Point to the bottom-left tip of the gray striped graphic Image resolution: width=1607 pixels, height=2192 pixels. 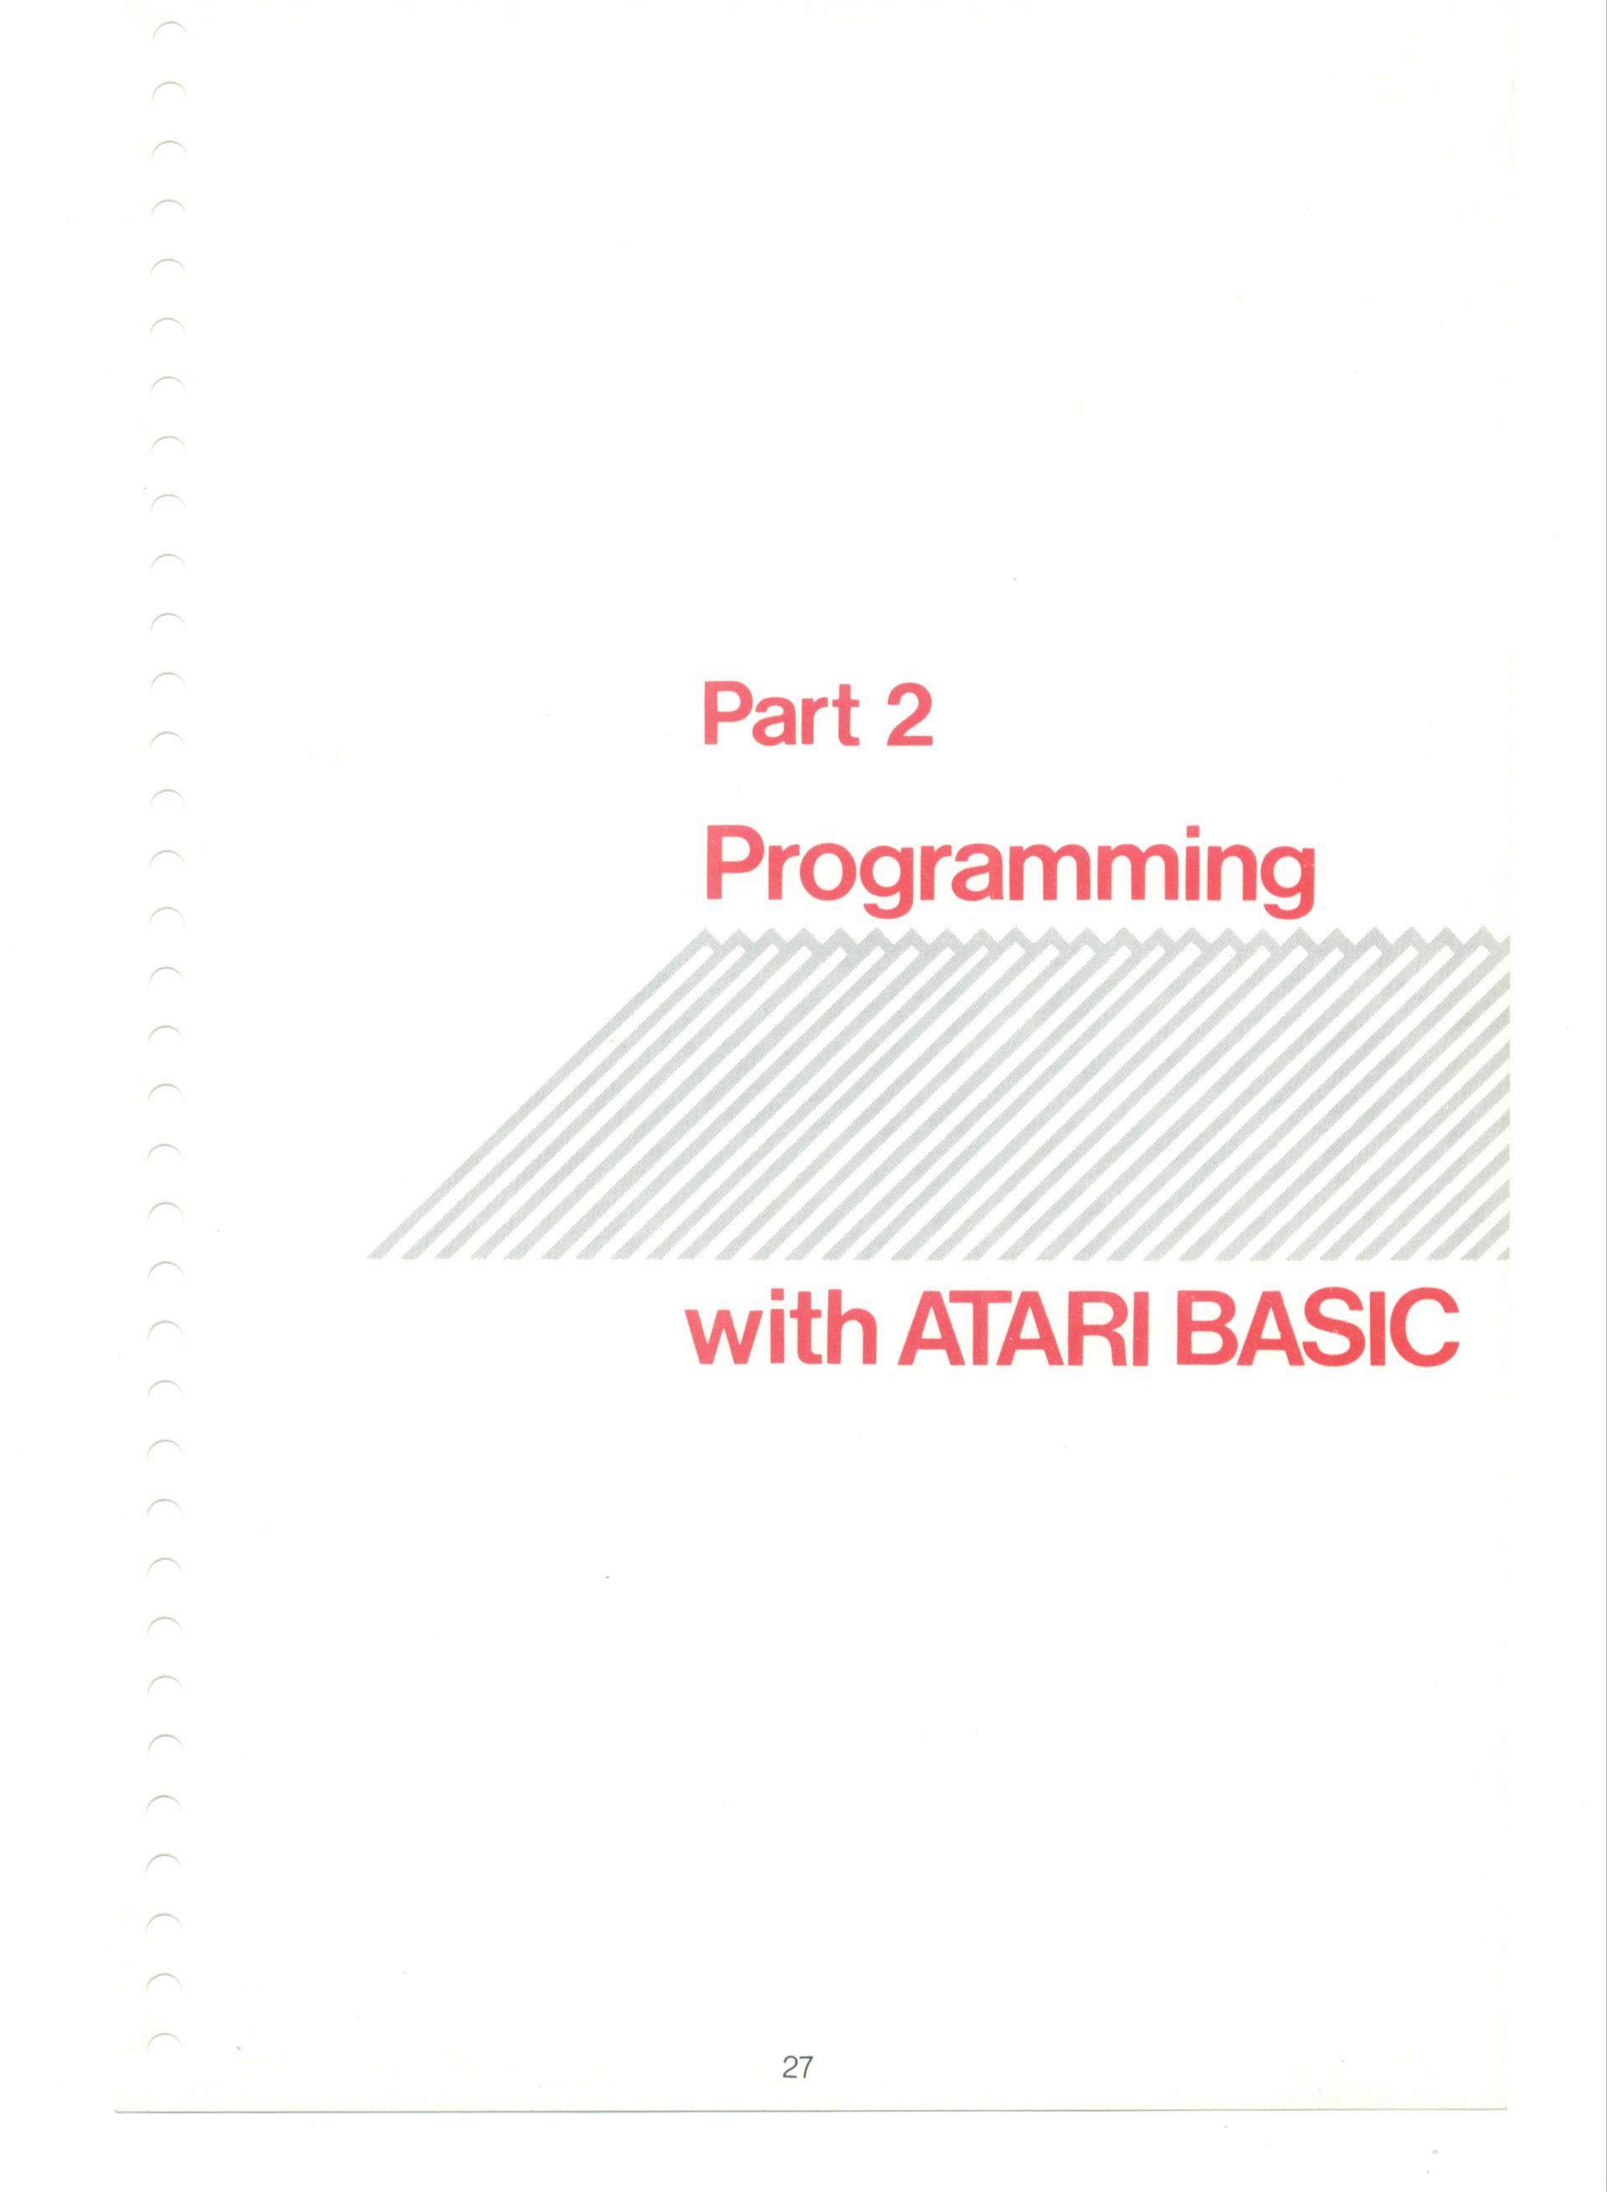coord(370,1257)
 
